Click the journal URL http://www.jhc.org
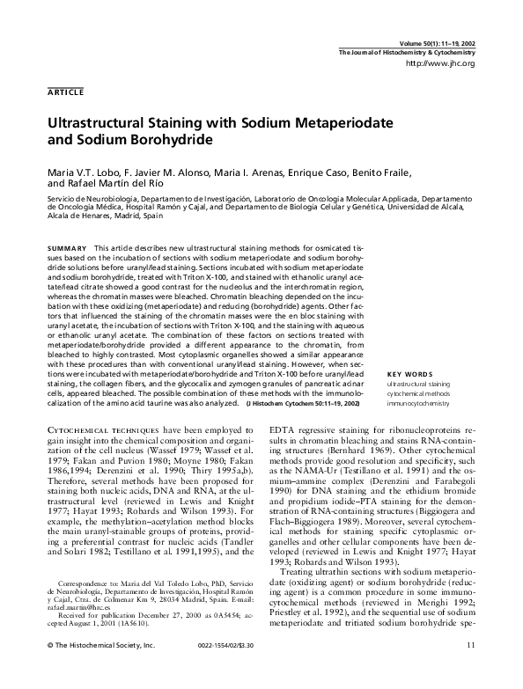tap(439, 64)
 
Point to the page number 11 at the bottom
tap(471, 671)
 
